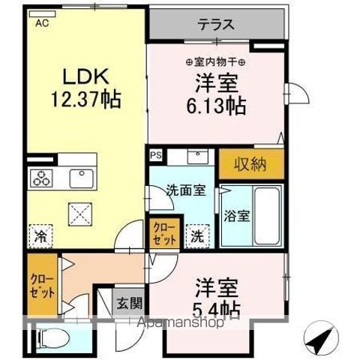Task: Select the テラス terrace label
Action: click(x=216, y=24)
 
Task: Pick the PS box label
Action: click(x=156, y=155)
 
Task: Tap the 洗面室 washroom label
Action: click(x=184, y=190)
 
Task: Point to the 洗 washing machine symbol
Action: click(x=196, y=234)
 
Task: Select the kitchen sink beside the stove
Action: click(x=79, y=178)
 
